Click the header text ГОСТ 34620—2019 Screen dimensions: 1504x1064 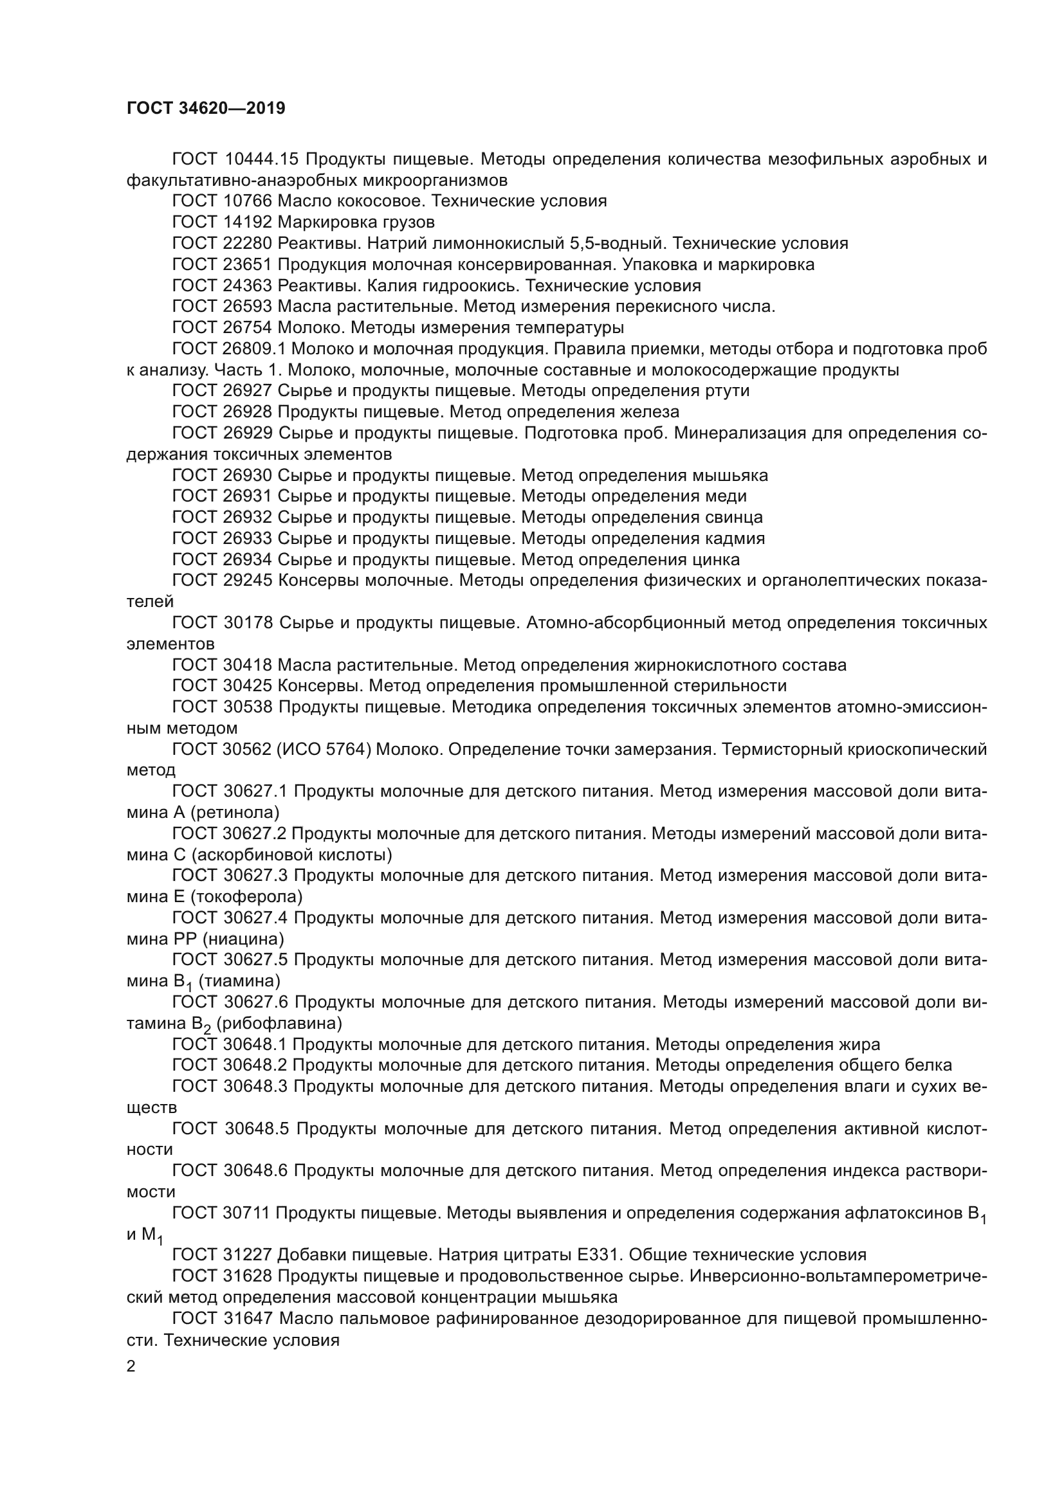[x=206, y=108]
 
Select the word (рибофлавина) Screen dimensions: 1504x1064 [x=279, y=1023]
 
